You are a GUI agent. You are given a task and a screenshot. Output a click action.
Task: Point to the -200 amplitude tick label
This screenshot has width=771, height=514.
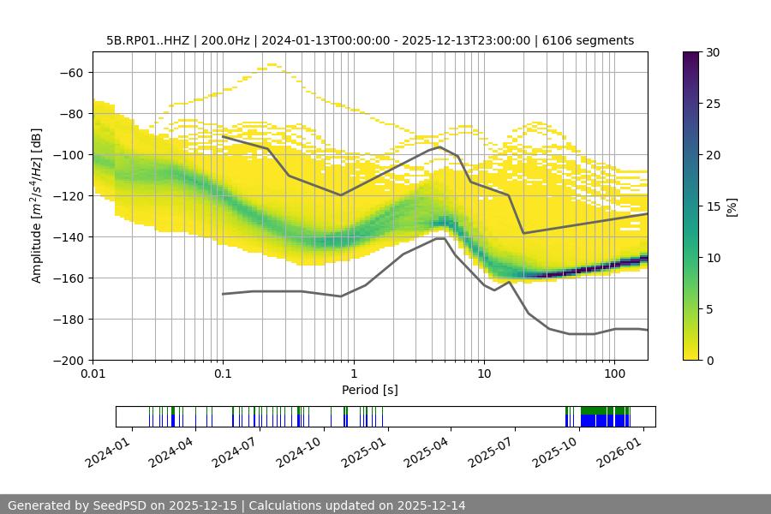pos(69,360)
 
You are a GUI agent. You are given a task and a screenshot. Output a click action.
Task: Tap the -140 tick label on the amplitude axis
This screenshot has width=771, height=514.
pos(69,236)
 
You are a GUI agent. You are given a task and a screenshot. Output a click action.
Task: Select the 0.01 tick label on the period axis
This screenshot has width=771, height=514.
pos(93,374)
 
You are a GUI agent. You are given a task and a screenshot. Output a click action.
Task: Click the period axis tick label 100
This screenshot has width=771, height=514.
pos(614,374)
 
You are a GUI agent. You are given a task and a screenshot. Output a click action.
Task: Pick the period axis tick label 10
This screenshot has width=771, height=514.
pos(484,374)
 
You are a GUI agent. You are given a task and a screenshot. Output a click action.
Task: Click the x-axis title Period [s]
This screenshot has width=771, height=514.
pos(369,390)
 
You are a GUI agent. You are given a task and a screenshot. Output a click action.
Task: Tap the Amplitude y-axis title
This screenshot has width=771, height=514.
pos(37,206)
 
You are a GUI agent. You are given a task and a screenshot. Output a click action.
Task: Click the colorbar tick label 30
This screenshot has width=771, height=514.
pos(711,52)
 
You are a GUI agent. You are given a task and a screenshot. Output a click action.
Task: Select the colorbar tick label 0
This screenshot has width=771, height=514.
pos(708,360)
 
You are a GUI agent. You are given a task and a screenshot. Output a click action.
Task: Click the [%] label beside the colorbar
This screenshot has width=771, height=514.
pos(732,206)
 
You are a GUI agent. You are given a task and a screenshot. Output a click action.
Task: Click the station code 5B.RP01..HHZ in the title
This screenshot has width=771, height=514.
pos(147,40)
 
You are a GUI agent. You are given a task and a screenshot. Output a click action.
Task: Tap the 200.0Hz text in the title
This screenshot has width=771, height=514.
pos(224,40)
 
